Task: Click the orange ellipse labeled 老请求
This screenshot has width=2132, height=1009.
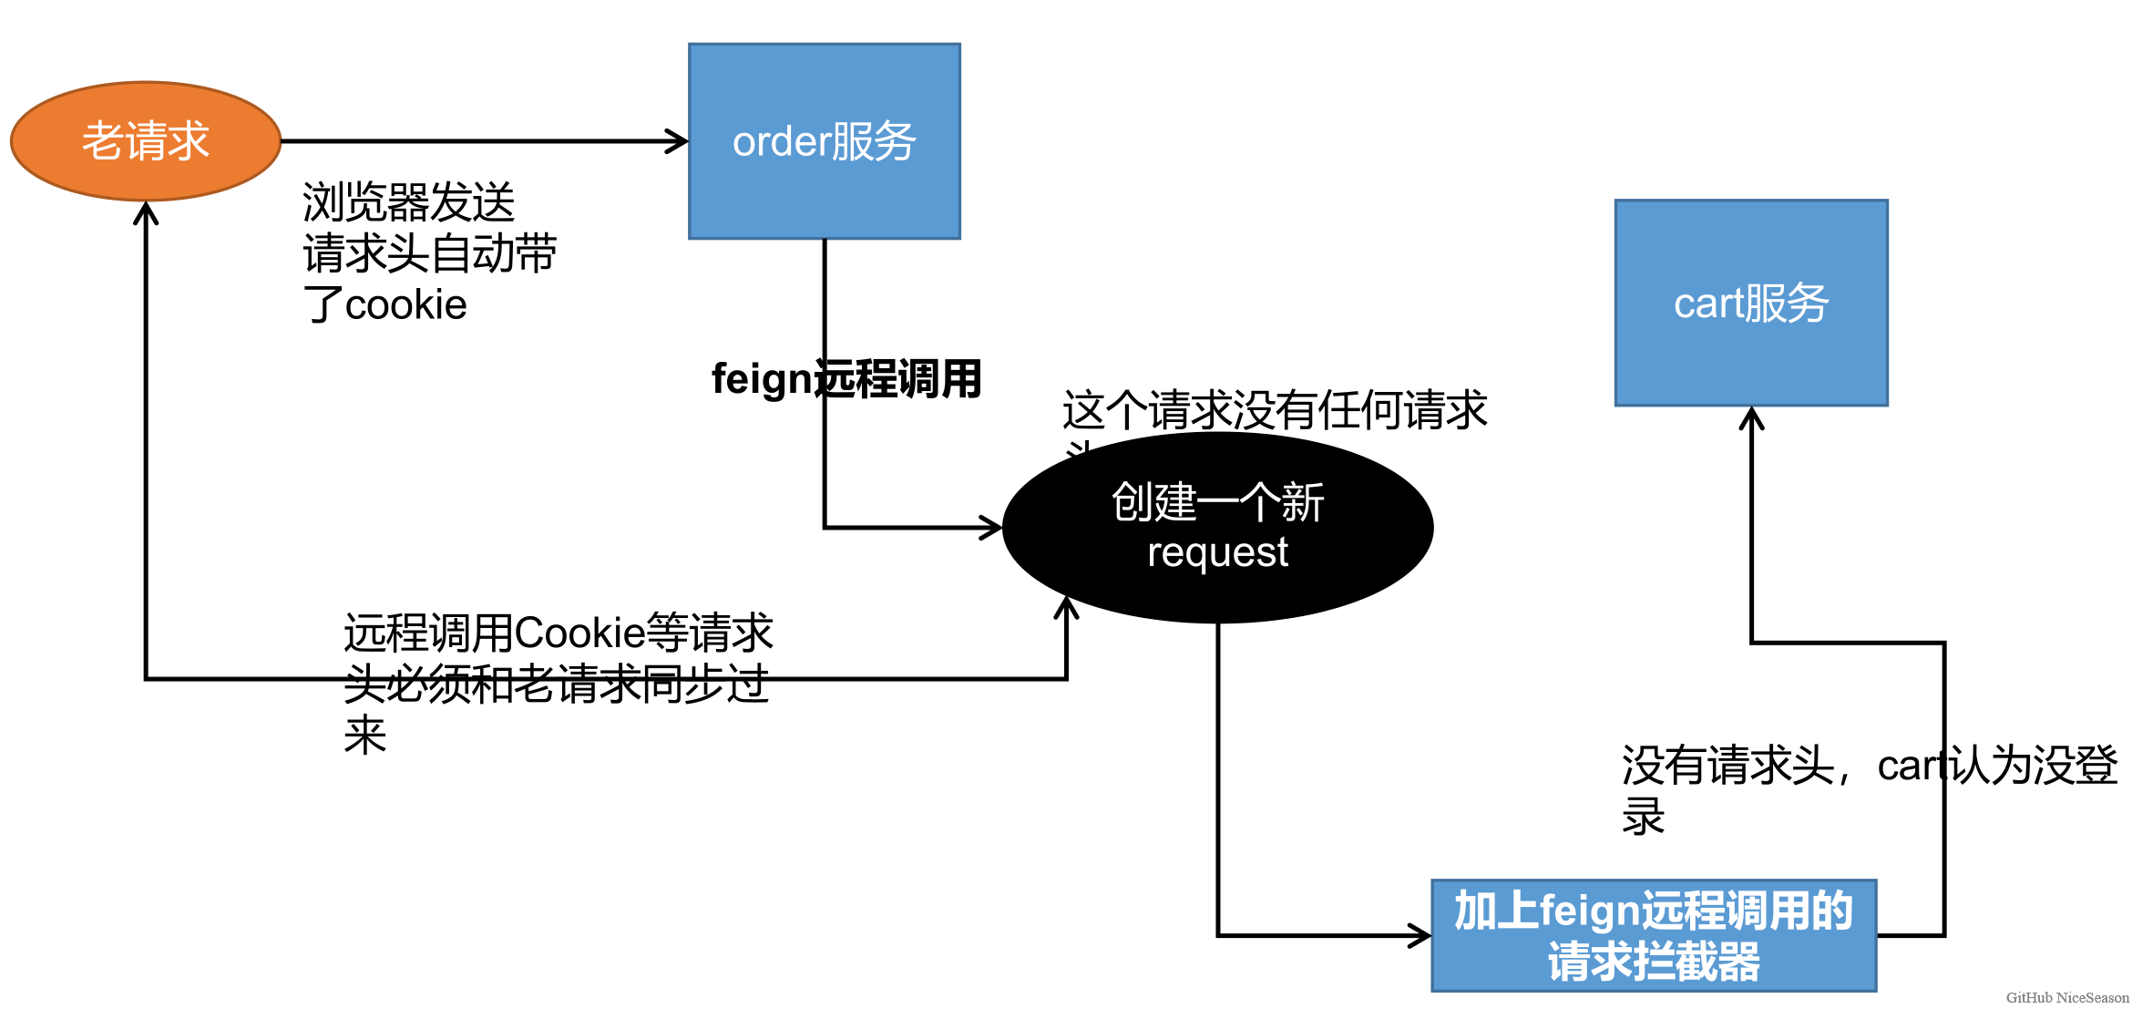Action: (145, 141)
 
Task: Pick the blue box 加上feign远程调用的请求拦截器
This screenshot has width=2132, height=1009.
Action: (1653, 936)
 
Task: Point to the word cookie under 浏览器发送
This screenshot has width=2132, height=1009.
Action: (406, 305)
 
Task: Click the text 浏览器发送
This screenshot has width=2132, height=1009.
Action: (408, 202)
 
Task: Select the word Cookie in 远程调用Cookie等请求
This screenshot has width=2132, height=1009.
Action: (579, 633)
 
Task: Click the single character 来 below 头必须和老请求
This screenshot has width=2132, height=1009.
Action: (365, 735)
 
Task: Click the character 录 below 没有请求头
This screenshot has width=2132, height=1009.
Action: (1643, 816)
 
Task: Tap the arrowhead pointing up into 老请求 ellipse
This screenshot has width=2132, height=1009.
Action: (146, 212)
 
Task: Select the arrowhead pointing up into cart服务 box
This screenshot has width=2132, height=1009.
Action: (1751, 417)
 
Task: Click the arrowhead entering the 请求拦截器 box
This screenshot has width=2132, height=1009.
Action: (1421, 935)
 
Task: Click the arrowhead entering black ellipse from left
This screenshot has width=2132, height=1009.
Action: (992, 527)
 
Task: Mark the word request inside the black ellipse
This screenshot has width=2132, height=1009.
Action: (1217, 552)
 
